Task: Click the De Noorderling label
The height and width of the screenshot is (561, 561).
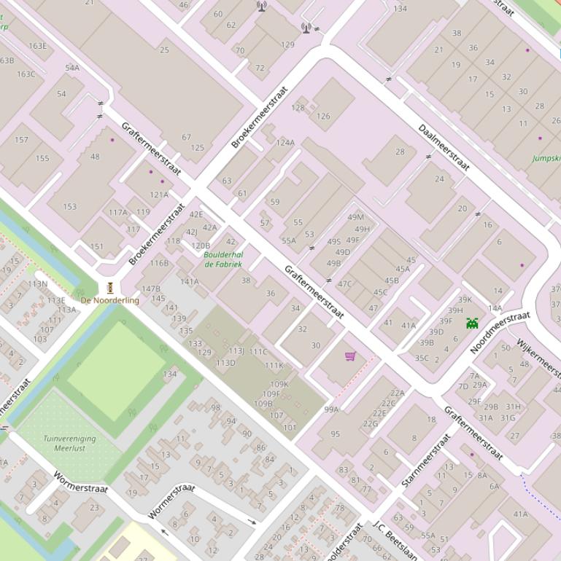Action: (x=109, y=300)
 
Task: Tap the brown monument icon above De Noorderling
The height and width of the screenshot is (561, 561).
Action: (x=110, y=287)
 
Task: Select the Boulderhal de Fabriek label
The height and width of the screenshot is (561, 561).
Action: (x=223, y=259)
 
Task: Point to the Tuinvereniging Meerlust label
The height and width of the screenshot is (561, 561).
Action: (x=69, y=444)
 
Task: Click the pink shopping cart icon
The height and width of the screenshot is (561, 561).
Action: (x=350, y=356)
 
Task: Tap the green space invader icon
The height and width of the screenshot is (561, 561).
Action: (x=472, y=322)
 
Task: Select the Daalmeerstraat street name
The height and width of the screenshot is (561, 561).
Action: (x=443, y=148)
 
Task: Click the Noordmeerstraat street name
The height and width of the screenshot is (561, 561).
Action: (x=500, y=332)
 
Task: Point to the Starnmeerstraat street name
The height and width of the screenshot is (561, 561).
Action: (x=426, y=460)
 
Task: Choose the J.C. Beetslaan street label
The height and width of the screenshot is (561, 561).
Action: (x=395, y=541)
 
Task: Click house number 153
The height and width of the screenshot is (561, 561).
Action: (x=69, y=207)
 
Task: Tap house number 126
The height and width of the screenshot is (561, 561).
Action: (x=323, y=116)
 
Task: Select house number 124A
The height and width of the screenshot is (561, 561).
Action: (x=285, y=142)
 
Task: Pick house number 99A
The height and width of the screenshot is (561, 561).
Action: (x=332, y=409)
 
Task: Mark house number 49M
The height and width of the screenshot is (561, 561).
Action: (x=355, y=217)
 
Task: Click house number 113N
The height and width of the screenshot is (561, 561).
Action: (x=38, y=284)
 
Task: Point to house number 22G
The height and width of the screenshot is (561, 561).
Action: (x=371, y=423)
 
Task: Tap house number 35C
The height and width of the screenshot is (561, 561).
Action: (x=422, y=358)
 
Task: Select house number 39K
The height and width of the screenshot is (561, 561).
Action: (x=465, y=299)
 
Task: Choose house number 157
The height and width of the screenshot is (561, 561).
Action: (x=21, y=140)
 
